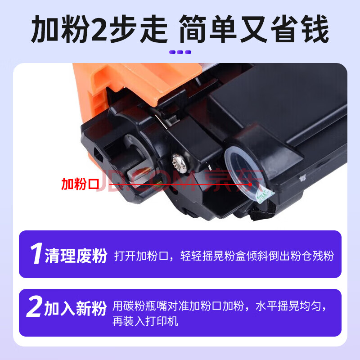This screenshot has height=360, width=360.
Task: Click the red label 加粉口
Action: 80,184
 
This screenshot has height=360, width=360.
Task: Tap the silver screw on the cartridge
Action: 180,163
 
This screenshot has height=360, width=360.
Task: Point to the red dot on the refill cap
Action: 250,184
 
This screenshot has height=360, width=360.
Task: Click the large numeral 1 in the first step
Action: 36,253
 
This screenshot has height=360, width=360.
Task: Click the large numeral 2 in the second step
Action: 35,306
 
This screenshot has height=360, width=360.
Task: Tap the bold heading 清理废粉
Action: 76,256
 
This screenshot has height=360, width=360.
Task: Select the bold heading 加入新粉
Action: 75,308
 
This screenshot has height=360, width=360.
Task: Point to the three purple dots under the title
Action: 180,52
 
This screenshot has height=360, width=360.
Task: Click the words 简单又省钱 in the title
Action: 254,29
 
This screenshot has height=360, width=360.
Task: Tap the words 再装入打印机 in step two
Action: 145,321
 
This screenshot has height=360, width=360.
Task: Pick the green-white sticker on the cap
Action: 264,194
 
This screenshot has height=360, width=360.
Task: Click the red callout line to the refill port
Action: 180,184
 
